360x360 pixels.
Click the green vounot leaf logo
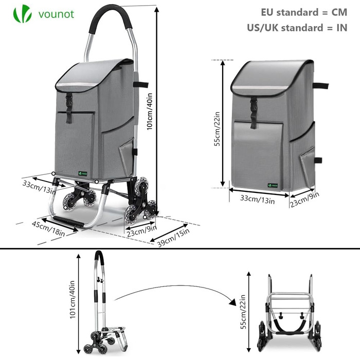22,14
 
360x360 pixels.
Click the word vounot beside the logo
56,14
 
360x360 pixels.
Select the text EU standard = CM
304,12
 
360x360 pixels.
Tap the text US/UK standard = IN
297,28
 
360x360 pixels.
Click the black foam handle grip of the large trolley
110,16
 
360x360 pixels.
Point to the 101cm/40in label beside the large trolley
150,111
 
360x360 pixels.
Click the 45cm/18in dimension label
48,228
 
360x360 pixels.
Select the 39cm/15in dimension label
174,238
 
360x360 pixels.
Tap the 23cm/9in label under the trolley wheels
142,230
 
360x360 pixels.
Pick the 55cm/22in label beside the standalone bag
217,129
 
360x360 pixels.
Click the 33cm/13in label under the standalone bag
257,199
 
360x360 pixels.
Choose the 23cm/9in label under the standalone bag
304,200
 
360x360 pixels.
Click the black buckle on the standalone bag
254,112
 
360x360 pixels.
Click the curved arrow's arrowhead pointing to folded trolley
233,302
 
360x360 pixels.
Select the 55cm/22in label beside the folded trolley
243,312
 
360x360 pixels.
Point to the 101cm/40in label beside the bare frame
73,299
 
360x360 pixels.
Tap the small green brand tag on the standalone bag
273,185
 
